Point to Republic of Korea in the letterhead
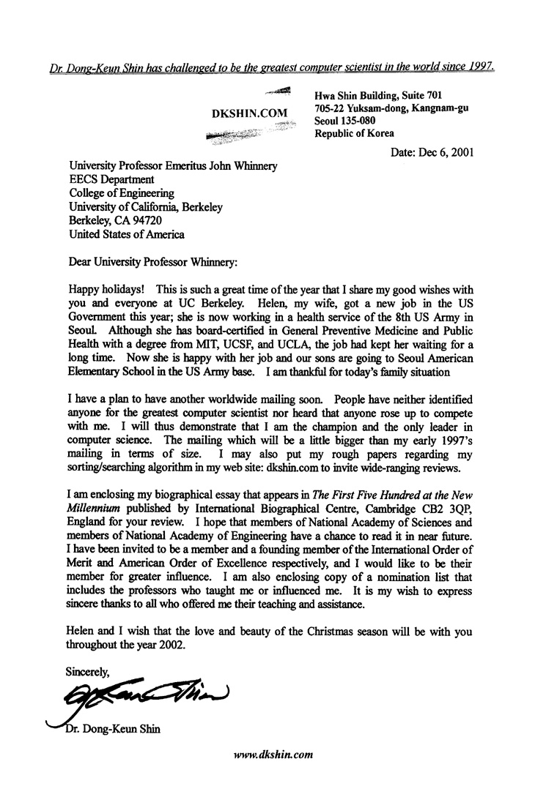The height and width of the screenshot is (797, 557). [355, 133]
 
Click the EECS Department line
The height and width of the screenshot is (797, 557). [111, 180]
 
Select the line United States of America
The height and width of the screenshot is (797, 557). [127, 235]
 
